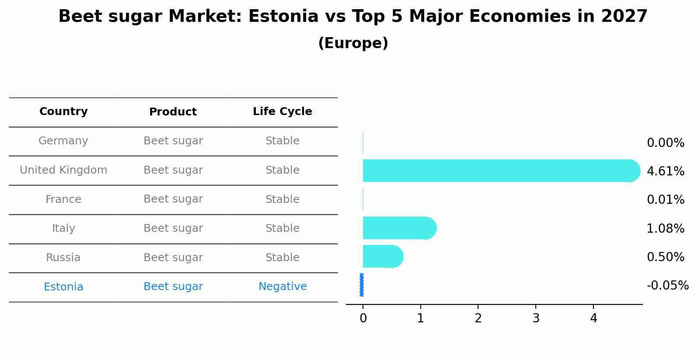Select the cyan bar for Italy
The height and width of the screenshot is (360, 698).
click(x=399, y=228)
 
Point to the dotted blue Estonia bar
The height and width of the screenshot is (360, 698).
click(x=362, y=285)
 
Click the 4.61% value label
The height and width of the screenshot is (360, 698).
click(x=665, y=171)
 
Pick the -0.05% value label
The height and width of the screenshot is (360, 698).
click(x=667, y=286)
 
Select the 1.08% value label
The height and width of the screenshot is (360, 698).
click(x=665, y=228)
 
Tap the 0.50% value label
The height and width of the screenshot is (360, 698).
click(x=665, y=257)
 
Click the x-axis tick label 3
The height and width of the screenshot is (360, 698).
click(x=536, y=318)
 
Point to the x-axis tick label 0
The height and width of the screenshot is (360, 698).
click(x=363, y=318)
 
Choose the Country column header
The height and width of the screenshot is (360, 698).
click(x=63, y=112)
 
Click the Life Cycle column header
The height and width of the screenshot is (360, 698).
click(x=283, y=112)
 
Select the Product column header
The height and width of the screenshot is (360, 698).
click(x=173, y=112)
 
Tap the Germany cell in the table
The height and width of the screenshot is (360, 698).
click(x=63, y=141)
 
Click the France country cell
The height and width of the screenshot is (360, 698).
click(x=63, y=199)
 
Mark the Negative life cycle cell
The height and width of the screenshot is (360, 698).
click(x=283, y=287)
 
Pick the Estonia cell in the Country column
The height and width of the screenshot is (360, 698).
click(x=63, y=287)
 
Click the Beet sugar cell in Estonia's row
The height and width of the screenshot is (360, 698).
click(x=173, y=287)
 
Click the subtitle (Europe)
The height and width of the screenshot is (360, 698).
click(x=353, y=43)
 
